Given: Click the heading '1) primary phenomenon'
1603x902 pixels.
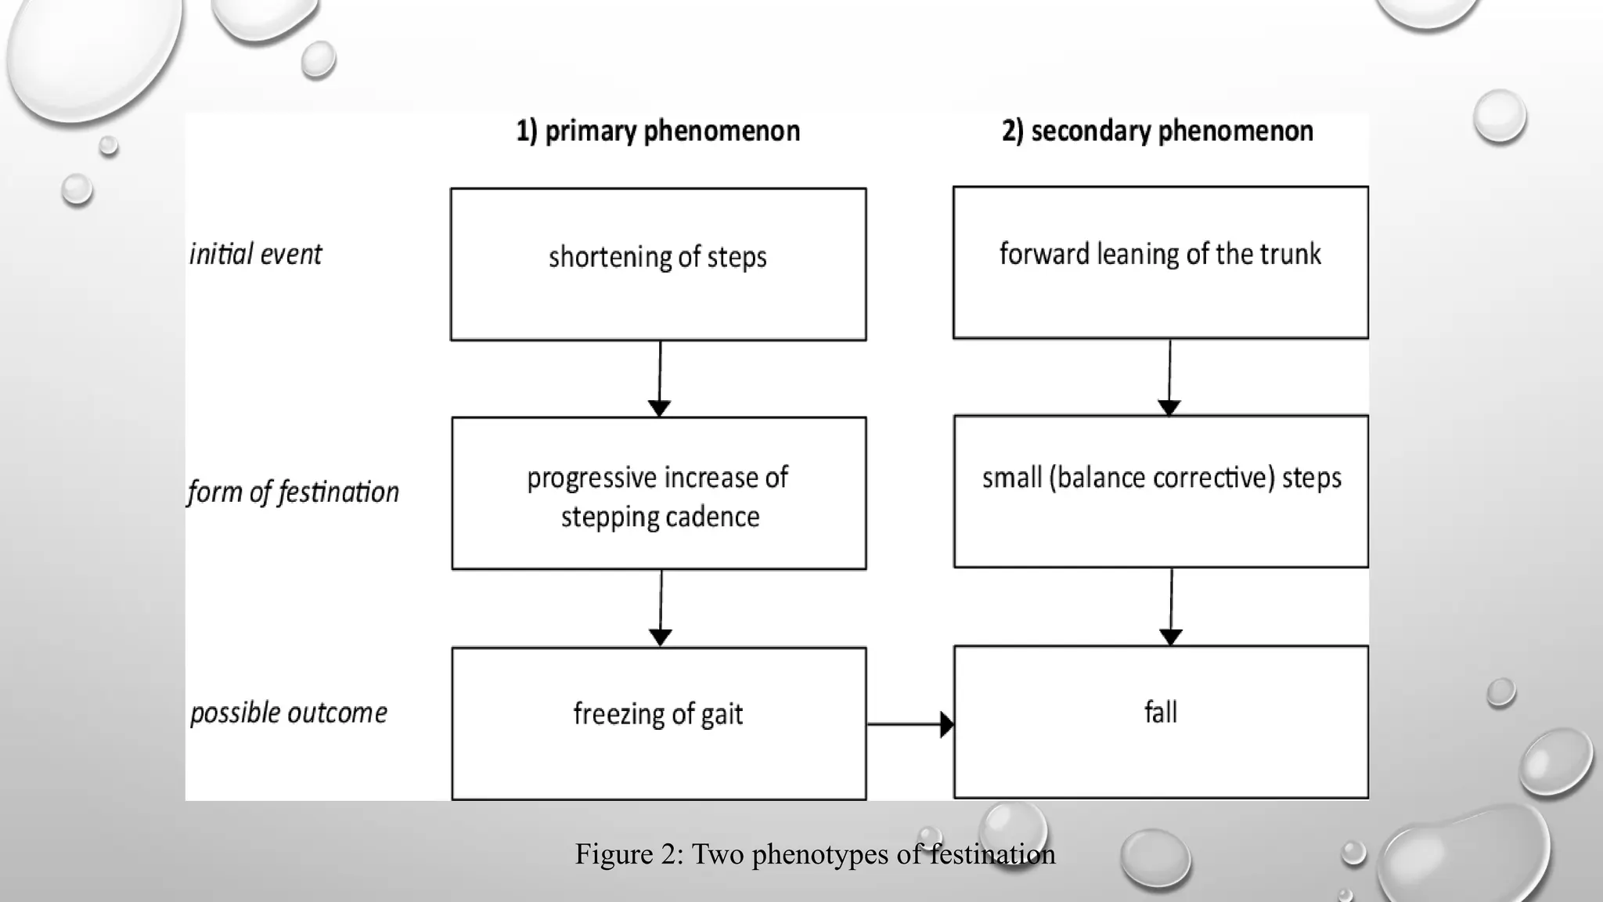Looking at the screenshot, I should point(657,131).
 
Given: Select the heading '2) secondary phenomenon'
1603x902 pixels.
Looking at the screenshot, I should point(1157,131).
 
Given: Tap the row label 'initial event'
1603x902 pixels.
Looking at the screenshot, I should point(255,254).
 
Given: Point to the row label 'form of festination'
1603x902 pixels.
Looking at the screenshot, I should point(293,492).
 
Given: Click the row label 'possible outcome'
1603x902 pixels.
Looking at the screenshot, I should point(288,713).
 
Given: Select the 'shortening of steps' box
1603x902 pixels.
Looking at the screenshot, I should point(657,264).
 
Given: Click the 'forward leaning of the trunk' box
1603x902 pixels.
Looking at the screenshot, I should point(1160,262).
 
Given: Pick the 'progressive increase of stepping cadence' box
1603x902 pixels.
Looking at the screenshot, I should point(658,493).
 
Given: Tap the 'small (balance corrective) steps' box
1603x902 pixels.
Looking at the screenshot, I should point(1161,492).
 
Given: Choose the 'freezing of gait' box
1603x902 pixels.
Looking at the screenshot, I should point(658,723).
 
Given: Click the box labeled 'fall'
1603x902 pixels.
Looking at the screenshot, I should point(1161,721).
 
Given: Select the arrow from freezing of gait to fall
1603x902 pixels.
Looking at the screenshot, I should point(910,724).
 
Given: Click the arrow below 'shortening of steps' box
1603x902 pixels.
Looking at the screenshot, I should point(660,379).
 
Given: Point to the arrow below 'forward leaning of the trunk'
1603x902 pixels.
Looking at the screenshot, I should point(1169,377).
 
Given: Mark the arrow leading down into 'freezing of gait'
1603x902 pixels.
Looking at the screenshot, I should point(661,608).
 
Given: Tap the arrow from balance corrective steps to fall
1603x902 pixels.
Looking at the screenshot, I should point(1171,607).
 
